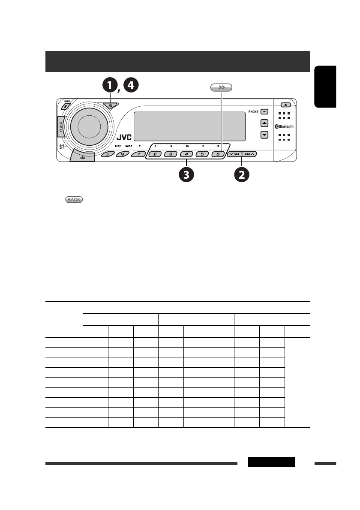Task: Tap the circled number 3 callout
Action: (187, 174)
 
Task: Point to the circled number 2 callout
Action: (242, 174)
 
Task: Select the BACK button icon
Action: (74, 200)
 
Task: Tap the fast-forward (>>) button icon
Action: (221, 88)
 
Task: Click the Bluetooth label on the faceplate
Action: (284, 127)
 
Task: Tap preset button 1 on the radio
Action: (138, 154)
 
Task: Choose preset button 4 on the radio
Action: (186, 154)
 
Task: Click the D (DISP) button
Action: (108, 154)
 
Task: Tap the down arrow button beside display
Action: (264, 135)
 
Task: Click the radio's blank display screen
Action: (189, 126)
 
